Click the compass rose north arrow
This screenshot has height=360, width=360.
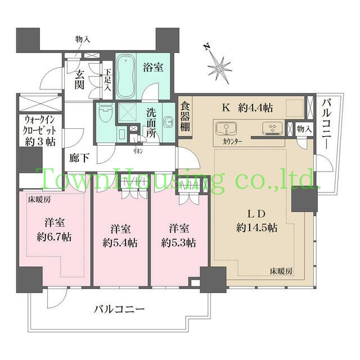[x=219, y=65]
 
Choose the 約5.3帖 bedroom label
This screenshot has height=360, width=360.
[x=178, y=236]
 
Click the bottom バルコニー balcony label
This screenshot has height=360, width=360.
[x=119, y=309]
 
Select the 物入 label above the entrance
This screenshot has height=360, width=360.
[x=83, y=39]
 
